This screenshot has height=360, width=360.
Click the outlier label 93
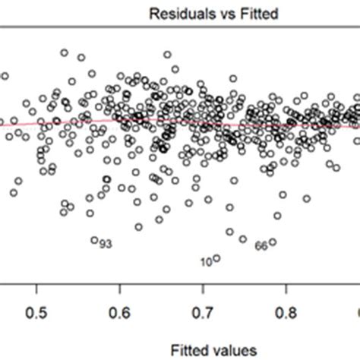pos(106,244)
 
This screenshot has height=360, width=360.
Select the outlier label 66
pos(261,245)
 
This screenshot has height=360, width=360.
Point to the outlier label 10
pos(206,262)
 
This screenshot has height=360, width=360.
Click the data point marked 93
pos(95,240)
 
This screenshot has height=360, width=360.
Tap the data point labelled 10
pos(216,258)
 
